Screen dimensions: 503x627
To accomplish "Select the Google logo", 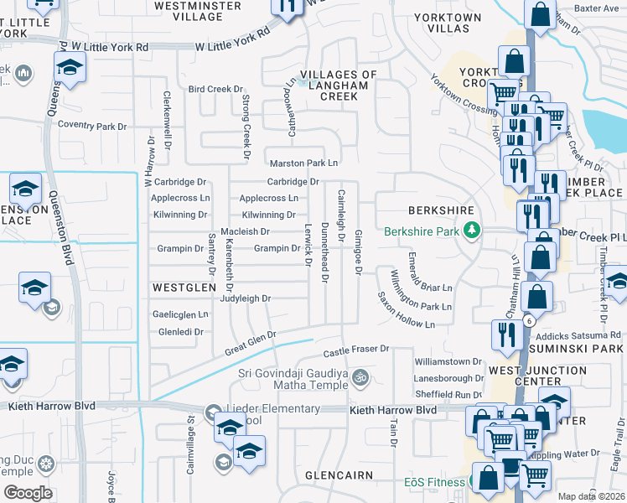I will pos(28,493).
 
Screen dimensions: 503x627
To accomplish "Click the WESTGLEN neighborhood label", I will pos(179,287).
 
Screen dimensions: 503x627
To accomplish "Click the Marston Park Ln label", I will pos(303,163).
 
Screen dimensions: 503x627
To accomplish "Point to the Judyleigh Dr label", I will pos(246,298).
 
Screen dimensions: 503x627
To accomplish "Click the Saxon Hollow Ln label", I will pos(407,310).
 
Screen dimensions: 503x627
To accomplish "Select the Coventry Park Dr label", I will pos(91,126).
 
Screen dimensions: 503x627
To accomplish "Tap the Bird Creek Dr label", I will pos(215,88).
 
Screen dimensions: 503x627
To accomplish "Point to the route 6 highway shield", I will pos(529,321).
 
